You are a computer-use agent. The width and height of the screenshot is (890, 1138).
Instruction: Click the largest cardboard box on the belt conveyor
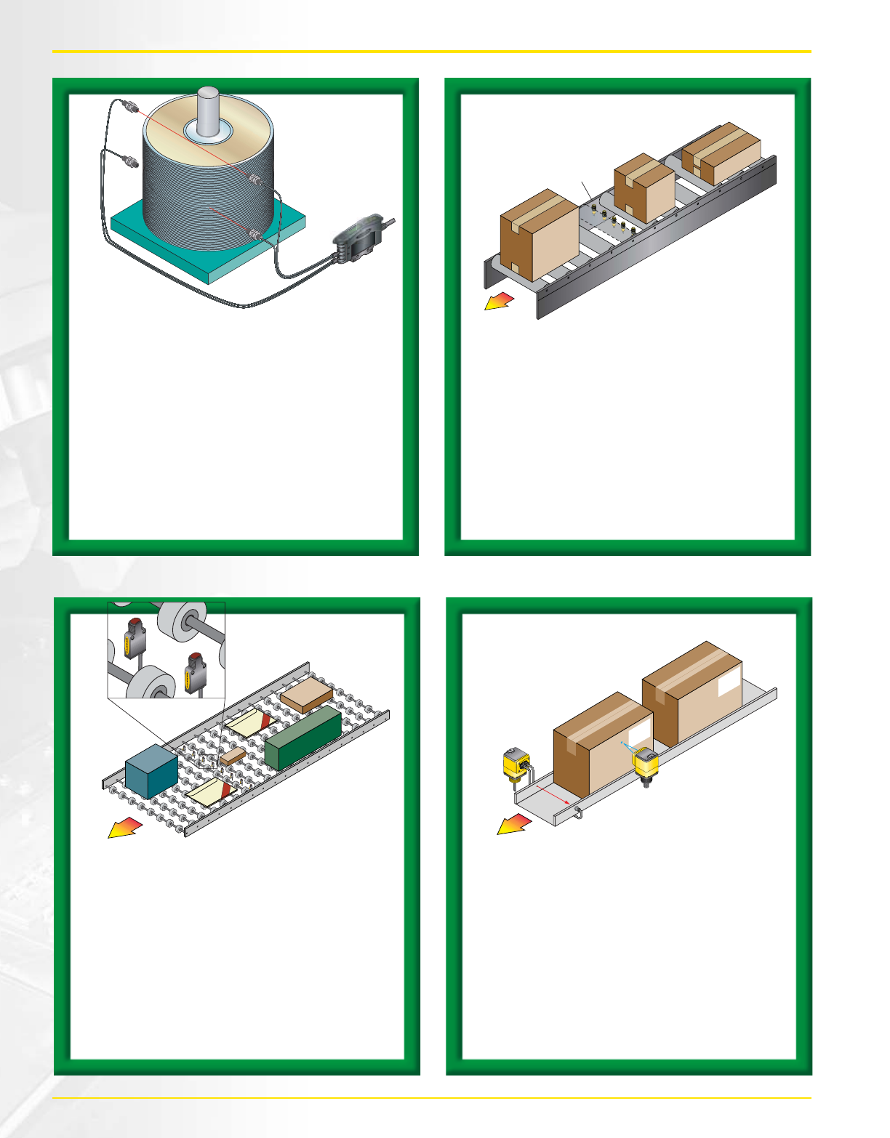pyautogui.click(x=539, y=234)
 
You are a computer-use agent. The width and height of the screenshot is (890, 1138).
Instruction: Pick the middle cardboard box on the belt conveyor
pyautogui.click(x=644, y=187)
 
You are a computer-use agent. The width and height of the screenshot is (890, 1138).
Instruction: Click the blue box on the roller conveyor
pyautogui.click(x=151, y=772)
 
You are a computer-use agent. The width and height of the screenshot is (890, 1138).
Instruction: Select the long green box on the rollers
pyautogui.click(x=303, y=737)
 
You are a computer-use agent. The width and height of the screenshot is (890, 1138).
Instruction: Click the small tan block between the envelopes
pyautogui.click(x=233, y=756)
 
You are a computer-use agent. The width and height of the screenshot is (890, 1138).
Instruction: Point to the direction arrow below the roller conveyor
pyautogui.click(x=124, y=827)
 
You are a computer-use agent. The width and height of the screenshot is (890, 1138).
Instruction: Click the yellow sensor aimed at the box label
pyautogui.click(x=645, y=764)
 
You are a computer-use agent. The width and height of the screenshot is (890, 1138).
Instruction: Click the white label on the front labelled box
pyautogui.click(x=639, y=736)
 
